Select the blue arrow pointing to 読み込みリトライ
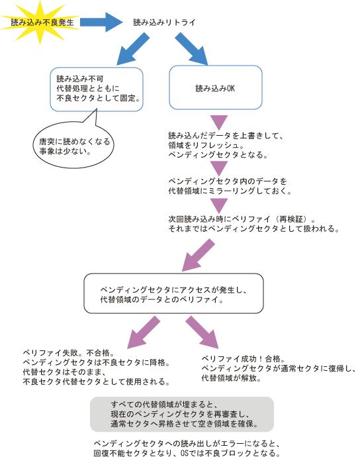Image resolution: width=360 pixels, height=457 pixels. [102, 22]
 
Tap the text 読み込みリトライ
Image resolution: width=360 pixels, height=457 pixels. [164, 23]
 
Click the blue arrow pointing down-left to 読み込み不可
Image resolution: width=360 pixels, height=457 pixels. [133, 49]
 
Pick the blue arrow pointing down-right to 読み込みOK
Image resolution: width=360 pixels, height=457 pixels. [191, 48]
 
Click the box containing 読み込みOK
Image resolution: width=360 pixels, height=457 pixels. [216, 87]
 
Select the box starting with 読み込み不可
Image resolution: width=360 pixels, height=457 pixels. [97, 89]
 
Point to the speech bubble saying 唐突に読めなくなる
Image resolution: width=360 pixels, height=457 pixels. [73, 145]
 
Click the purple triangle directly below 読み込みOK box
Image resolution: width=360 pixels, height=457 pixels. [219, 123]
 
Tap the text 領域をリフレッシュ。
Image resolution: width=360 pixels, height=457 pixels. [206, 145]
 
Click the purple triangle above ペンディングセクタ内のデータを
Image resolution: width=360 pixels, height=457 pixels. [219, 168]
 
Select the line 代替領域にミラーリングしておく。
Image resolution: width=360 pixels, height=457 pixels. [230, 191]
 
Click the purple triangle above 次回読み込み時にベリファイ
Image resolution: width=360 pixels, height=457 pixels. [219, 206]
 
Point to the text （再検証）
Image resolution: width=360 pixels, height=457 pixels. [292, 219]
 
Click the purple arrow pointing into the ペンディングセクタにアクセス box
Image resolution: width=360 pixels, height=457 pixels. [199, 255]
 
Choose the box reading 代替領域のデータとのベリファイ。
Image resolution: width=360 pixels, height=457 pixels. [173, 293]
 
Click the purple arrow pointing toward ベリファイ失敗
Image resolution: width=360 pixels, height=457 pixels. [144, 332]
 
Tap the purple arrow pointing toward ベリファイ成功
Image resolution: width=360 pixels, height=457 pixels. [202, 332]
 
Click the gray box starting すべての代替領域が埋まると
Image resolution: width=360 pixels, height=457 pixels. [182, 414]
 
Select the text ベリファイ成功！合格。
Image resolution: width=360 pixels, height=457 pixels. [244, 359]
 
